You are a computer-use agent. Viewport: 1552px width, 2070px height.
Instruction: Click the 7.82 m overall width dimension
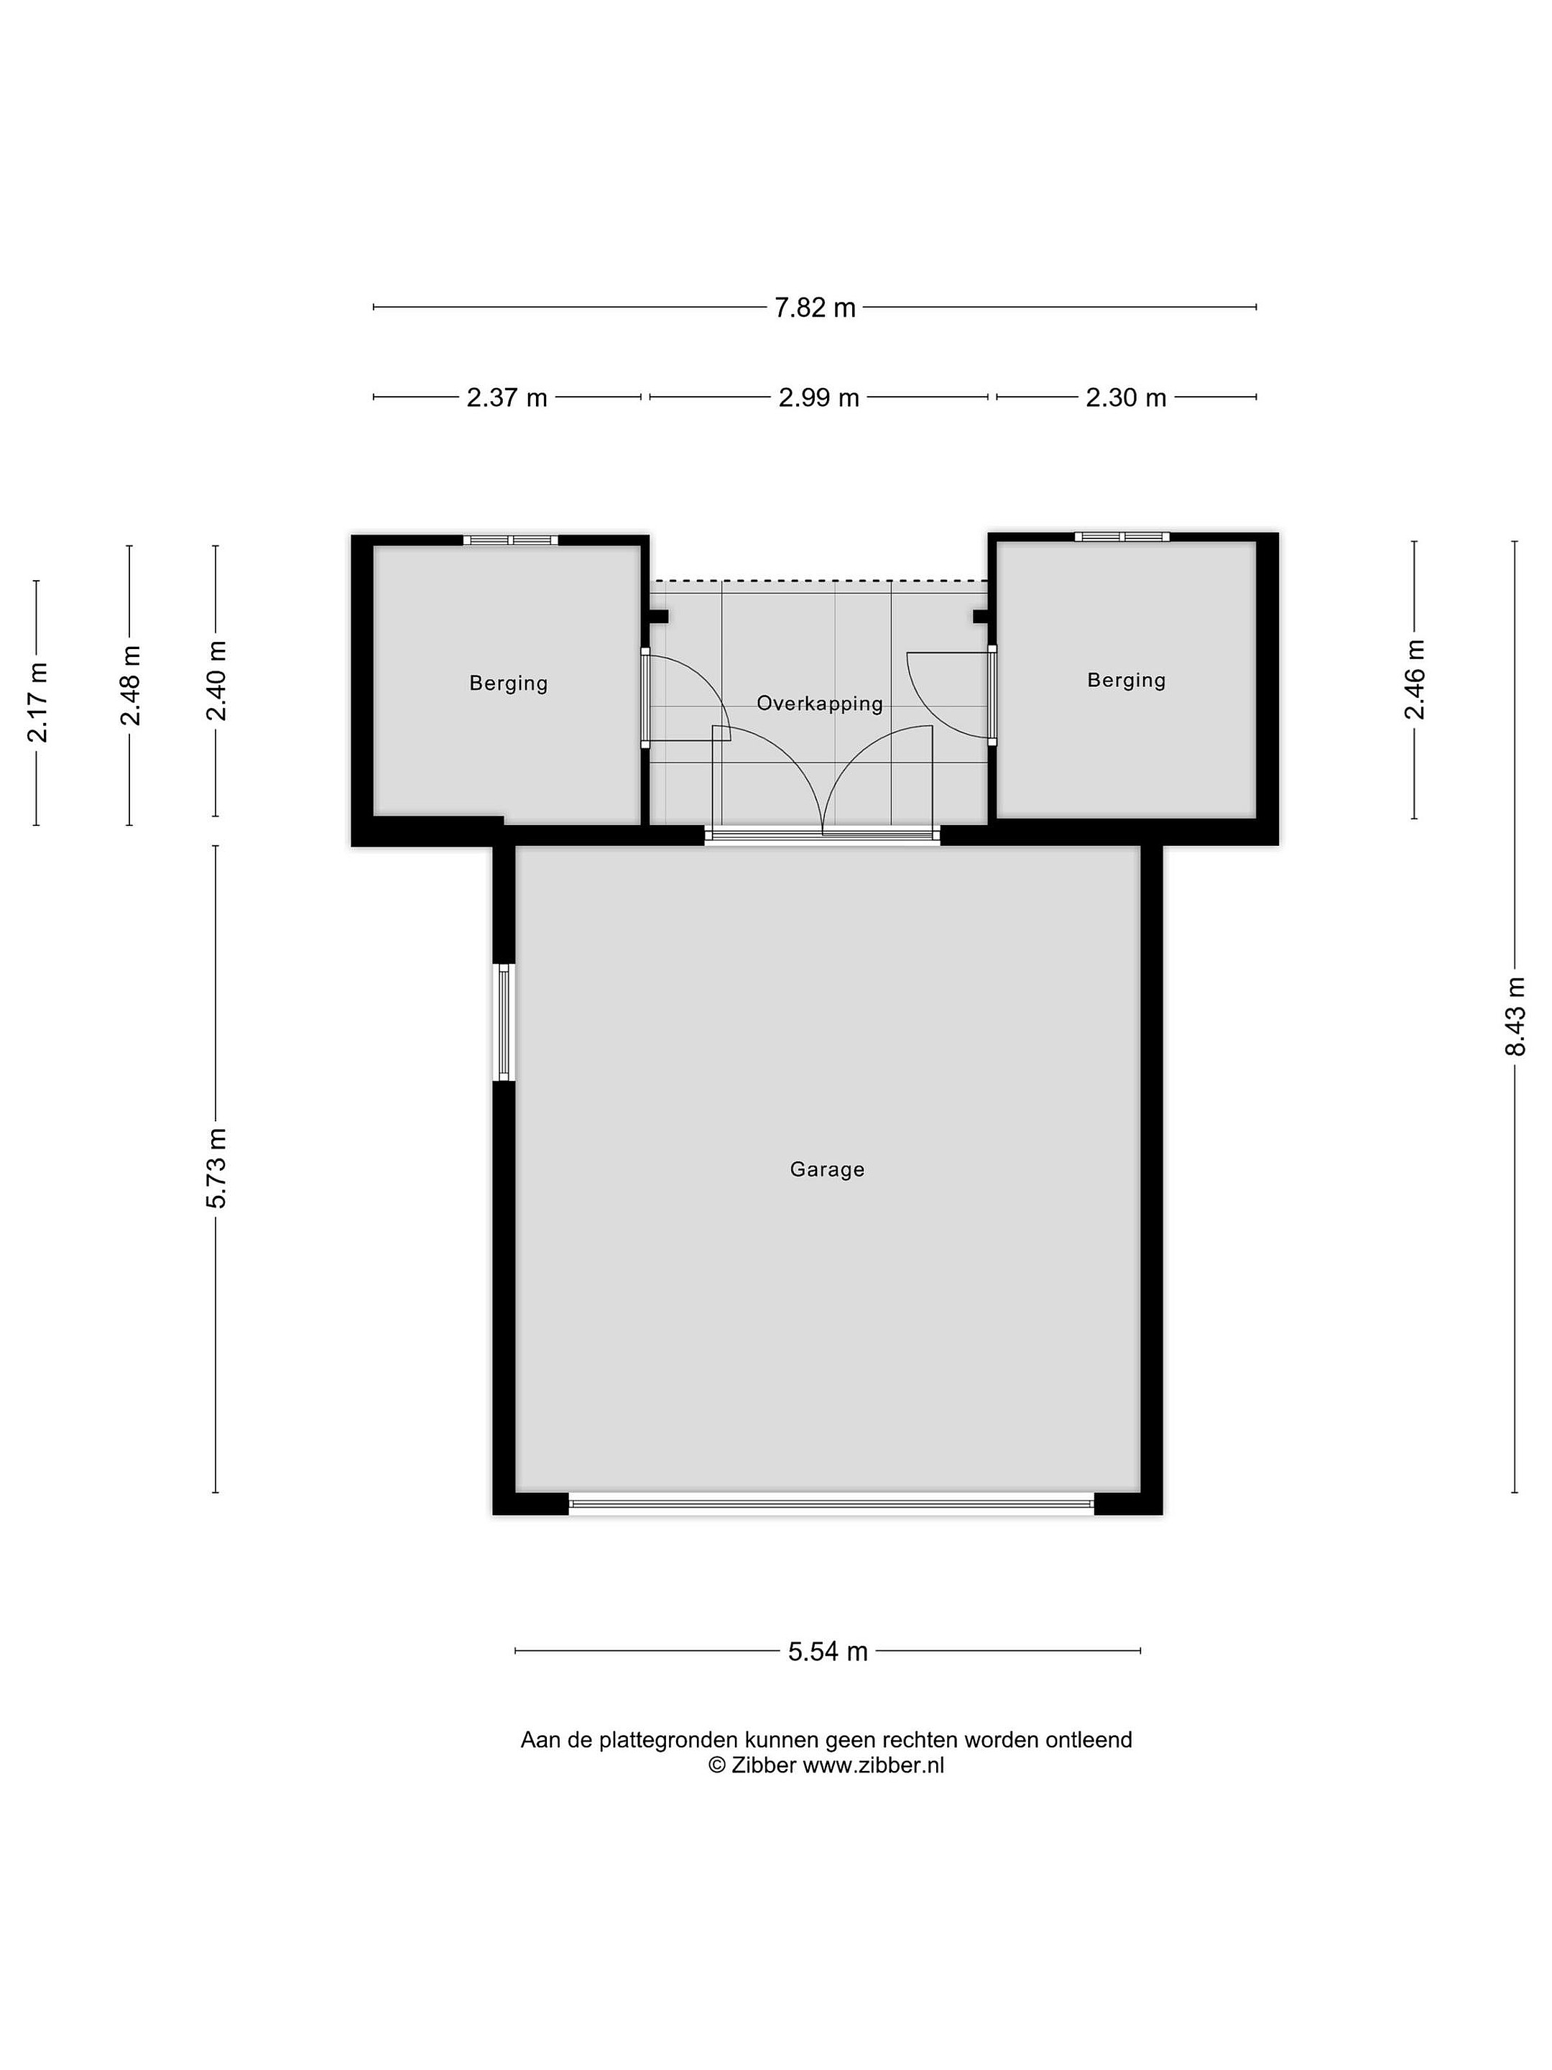(814, 307)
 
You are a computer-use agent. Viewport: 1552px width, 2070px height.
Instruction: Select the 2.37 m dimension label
(507, 397)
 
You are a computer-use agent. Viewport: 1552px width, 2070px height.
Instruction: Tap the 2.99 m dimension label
(818, 397)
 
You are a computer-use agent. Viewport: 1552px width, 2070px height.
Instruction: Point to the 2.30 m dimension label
(1125, 397)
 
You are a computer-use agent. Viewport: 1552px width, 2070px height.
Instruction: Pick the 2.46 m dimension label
(1415, 679)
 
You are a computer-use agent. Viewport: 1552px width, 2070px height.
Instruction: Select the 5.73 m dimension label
(216, 1169)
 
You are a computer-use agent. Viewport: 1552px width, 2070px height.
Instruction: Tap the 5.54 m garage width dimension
(828, 1652)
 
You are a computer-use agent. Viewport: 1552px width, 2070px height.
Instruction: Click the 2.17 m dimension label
(37, 701)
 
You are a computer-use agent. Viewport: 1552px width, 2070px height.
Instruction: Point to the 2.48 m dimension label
(130, 685)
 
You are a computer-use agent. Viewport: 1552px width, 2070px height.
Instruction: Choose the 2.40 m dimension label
(216, 681)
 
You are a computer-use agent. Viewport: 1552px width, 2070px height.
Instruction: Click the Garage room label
(827, 1169)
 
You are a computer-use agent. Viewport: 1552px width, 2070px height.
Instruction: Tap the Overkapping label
(820, 704)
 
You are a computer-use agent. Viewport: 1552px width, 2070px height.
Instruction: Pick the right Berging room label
(1127, 681)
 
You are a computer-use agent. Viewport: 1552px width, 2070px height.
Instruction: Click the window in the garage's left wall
(504, 1023)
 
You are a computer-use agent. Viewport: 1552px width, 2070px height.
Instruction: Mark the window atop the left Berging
(510, 540)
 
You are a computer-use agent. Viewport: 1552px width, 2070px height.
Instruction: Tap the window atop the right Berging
(1122, 536)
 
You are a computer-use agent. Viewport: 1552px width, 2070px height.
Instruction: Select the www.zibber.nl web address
(874, 1766)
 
